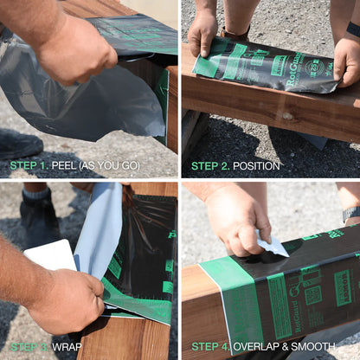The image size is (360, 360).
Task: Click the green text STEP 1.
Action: tap(29, 165)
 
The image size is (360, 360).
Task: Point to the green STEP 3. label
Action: tap(29, 347)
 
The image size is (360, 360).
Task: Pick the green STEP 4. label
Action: tap(210, 347)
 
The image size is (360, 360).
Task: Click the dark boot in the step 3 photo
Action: tap(39, 222)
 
